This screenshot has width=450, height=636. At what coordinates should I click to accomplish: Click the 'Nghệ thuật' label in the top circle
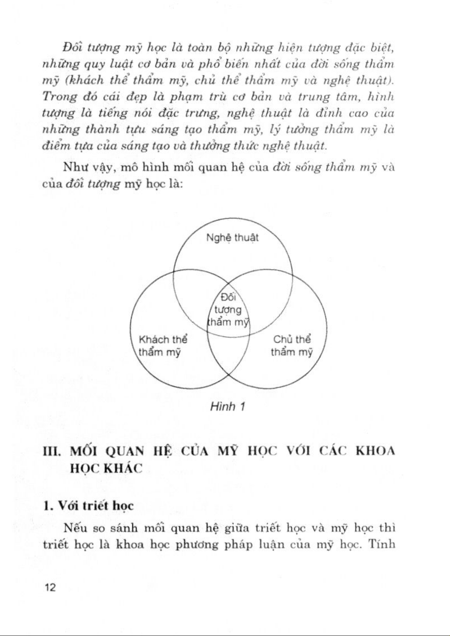tap(232, 238)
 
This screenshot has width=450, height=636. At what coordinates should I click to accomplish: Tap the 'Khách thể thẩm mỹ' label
tap(163, 346)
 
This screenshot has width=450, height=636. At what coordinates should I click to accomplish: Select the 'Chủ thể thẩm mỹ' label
tap(292, 346)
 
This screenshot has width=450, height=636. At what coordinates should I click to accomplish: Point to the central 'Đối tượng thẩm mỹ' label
tap(228, 309)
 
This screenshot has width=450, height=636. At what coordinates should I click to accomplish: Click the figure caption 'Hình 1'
tap(228, 407)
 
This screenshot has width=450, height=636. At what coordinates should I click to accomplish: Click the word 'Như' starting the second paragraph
tap(73, 167)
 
